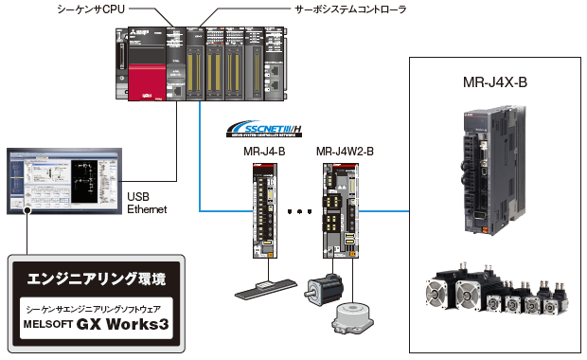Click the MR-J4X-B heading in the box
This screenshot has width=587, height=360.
click(495, 83)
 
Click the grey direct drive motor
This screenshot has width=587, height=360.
click(349, 317)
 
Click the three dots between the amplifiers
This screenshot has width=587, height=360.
click(298, 211)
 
